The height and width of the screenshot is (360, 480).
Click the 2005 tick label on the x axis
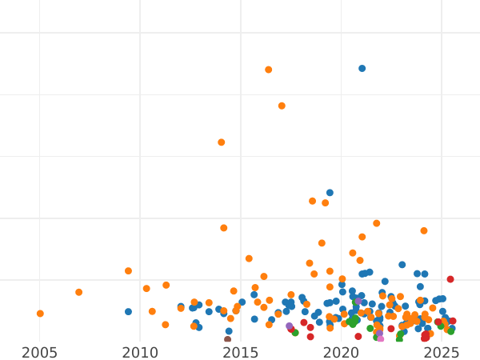[40, 353]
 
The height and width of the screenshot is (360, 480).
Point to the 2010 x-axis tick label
[140, 353]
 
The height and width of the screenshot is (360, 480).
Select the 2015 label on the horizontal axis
[240, 353]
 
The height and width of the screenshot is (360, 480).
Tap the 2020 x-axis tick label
[341, 353]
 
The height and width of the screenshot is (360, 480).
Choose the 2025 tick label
[441, 353]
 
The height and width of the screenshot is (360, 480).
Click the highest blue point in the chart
[362, 69]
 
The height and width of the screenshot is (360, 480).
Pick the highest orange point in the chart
[268, 70]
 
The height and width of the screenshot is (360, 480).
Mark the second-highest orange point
[282, 106]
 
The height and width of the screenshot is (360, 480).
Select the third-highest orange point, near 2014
[222, 142]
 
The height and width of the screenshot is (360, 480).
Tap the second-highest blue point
[330, 193]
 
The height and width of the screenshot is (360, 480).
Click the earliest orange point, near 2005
[40, 314]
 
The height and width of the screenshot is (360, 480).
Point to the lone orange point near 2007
[78, 292]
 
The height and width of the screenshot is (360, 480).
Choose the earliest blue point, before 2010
[128, 312]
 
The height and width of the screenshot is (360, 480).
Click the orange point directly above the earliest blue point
[128, 271]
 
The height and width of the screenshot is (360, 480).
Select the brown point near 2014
[227, 340]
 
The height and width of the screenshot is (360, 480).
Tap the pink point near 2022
[380, 338]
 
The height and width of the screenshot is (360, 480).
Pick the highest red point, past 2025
[450, 279]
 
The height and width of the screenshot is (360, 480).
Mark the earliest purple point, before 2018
[290, 326]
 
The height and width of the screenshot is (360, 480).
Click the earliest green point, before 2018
[295, 333]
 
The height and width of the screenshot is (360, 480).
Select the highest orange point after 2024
[424, 230]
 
